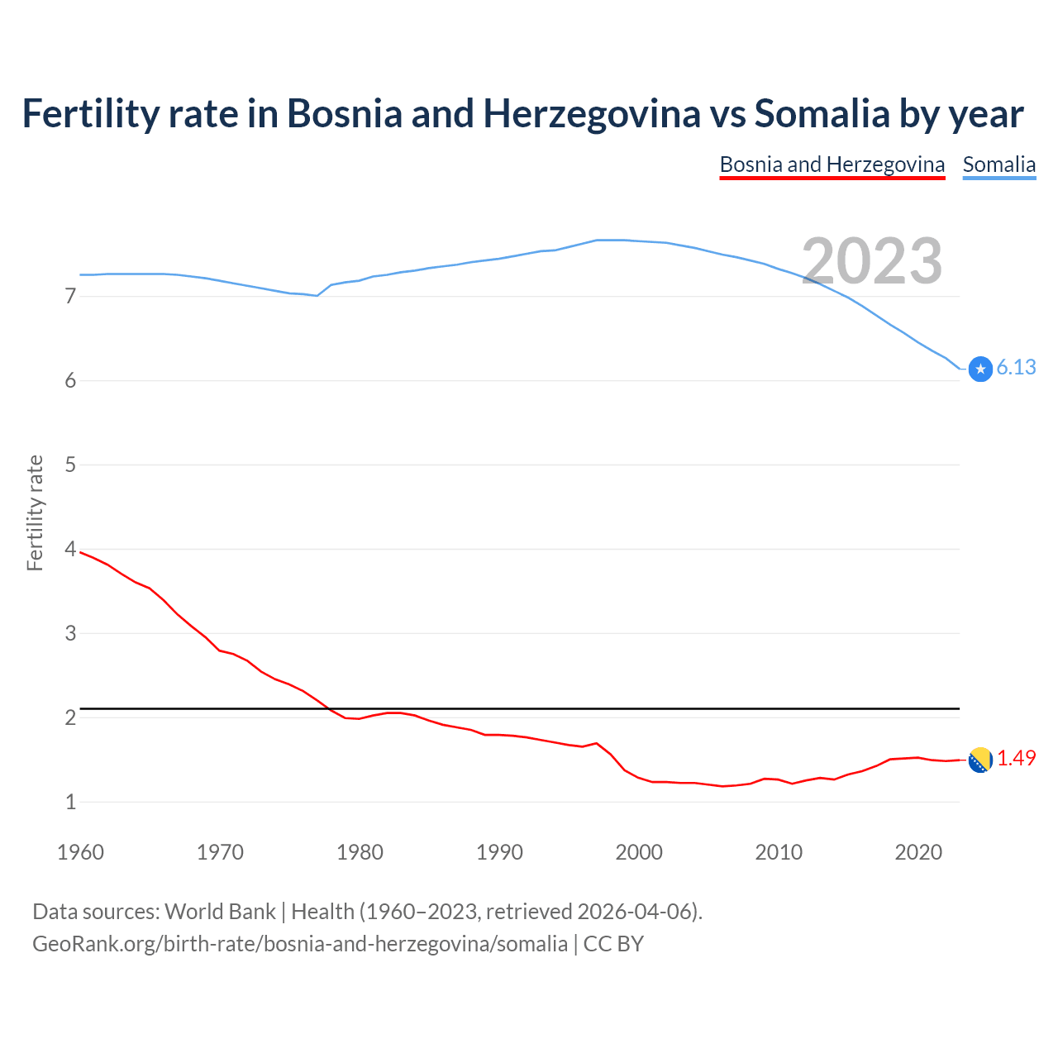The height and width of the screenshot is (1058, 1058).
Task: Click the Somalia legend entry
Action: [998, 164]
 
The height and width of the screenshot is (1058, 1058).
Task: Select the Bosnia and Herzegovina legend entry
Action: [832, 164]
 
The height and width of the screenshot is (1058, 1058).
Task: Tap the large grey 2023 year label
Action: [872, 261]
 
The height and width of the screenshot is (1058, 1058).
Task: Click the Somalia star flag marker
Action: [980, 369]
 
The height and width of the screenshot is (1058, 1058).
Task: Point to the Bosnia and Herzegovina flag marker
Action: [980, 760]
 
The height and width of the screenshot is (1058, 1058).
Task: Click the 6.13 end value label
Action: [1016, 368]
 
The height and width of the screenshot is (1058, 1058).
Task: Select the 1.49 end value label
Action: [1016, 758]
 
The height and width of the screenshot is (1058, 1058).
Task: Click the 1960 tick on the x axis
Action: [80, 852]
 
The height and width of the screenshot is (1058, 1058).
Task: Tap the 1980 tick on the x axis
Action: [360, 852]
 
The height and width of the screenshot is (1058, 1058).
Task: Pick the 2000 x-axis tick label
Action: [639, 852]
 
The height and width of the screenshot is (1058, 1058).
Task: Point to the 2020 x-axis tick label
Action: [918, 852]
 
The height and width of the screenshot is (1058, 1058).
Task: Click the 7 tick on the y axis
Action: [70, 296]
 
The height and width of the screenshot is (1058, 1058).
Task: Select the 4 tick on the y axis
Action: [70, 549]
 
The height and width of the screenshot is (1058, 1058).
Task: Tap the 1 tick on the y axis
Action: [70, 802]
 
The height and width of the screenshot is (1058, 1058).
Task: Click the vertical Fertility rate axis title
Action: [35, 512]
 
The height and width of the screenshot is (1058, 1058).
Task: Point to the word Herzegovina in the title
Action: [592, 114]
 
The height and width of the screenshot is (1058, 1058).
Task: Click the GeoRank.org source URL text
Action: [299, 944]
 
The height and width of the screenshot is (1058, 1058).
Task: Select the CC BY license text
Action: [613, 944]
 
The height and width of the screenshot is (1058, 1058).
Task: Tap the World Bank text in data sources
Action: [220, 912]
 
